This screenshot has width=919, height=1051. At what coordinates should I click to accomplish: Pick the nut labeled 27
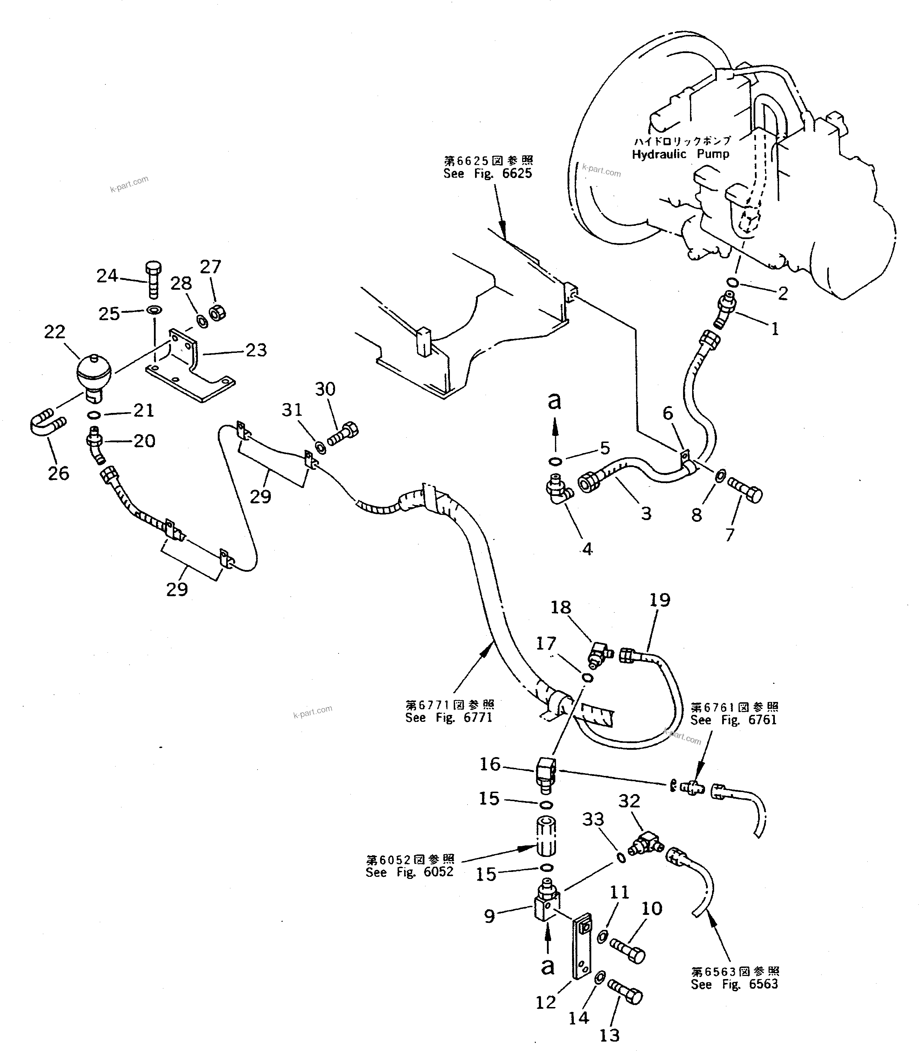click(x=218, y=311)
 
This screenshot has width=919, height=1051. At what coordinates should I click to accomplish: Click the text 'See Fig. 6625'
click(x=487, y=173)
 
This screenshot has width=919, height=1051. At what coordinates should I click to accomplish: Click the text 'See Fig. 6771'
click(x=449, y=718)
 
